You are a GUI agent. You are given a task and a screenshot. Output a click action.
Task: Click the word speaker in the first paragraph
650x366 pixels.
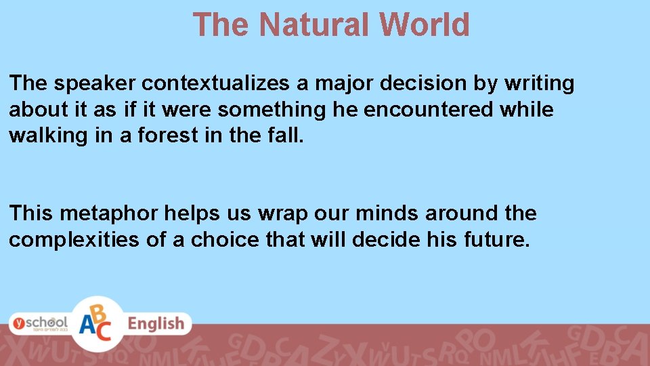tap(95, 83)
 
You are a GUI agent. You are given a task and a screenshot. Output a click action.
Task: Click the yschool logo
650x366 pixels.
tap(39, 323)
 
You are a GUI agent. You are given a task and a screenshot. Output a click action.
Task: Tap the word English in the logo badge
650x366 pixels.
tap(156, 324)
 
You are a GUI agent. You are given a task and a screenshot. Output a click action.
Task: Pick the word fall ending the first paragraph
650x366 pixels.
tap(288, 135)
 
